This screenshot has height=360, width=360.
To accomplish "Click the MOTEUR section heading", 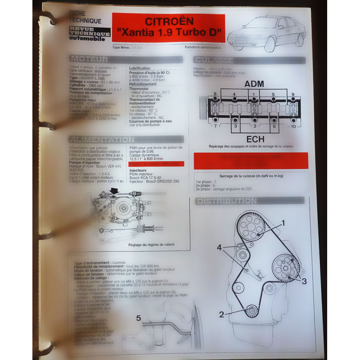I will point(90,59).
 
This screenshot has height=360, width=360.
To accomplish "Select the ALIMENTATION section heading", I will point(102,140).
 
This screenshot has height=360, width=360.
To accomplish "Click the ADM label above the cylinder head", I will point(254,85).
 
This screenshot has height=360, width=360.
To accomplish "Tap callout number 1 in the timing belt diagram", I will point(283,222).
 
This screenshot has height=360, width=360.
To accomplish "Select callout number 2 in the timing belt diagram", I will point(221,315).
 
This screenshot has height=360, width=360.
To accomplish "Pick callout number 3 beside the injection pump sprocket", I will point(304,281).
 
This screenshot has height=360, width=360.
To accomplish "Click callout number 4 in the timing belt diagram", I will point(219,247).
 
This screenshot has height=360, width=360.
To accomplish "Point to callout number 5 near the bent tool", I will point(139,318).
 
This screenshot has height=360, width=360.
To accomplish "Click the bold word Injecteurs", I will point(140,171).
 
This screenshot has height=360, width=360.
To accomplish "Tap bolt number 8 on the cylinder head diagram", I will point(215,94).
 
